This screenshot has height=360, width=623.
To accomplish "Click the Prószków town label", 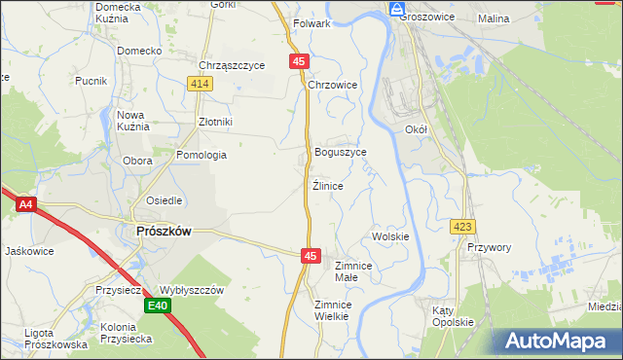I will coord(162,231).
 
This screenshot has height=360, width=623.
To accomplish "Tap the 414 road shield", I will coord(201,85).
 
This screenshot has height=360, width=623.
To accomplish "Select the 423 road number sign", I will coord(462,227).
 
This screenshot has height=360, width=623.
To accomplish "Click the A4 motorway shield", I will coord(26,204).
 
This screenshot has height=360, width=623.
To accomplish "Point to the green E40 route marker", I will coord(158,306).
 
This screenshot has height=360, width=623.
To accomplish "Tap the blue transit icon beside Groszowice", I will coord(396,9).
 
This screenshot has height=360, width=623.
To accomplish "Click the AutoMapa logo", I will coord(559,341).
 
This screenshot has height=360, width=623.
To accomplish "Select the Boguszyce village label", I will coord(341,153).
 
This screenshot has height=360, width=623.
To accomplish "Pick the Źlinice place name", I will coord(328,185).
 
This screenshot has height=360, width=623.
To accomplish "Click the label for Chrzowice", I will coord(333,86).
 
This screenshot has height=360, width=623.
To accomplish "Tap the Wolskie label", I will coord(390,236).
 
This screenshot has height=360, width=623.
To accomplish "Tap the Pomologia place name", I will coord(202,155).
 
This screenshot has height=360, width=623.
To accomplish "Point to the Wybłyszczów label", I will coord(192,290).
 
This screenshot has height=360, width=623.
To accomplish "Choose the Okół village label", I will coord(416,128).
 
